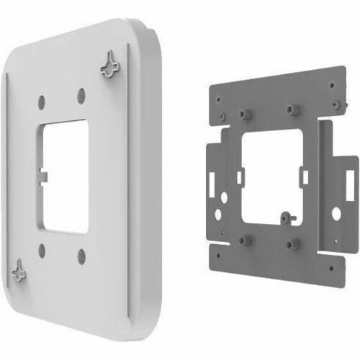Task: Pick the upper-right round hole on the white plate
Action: [81, 94]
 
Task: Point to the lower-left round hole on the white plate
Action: [42, 250]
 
